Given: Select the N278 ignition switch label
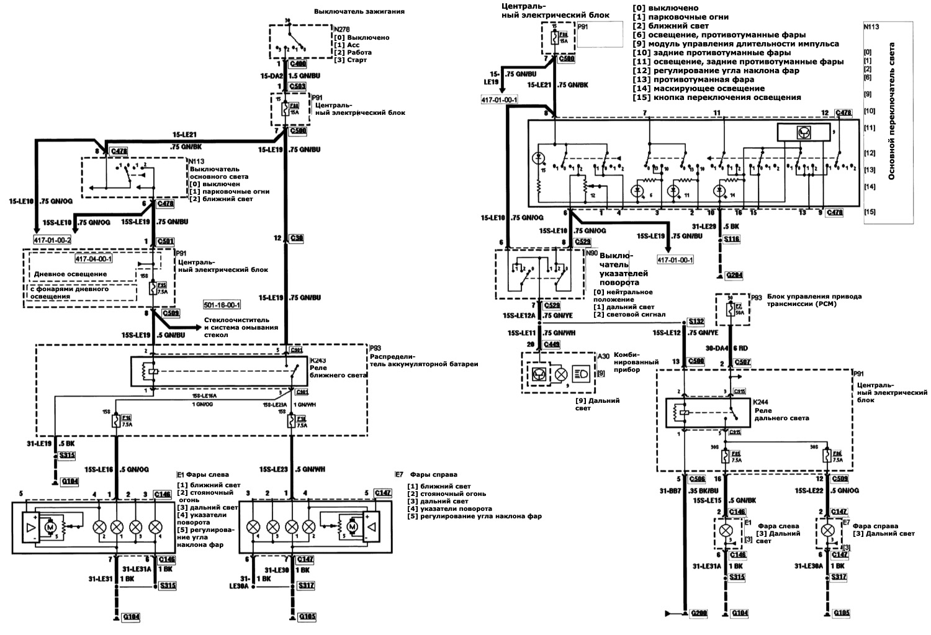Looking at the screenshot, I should pyautogui.click(x=342, y=29).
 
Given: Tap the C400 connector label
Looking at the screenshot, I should pyautogui.click(x=298, y=64).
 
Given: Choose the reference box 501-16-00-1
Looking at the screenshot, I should pyautogui.click(x=222, y=305).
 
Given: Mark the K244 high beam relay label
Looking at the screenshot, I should pyautogui.click(x=761, y=402).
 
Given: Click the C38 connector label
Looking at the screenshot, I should pyautogui.click(x=296, y=238).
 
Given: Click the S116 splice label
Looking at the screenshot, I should pyautogui.click(x=732, y=238).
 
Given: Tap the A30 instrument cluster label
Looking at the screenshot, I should pyautogui.click(x=603, y=356).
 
